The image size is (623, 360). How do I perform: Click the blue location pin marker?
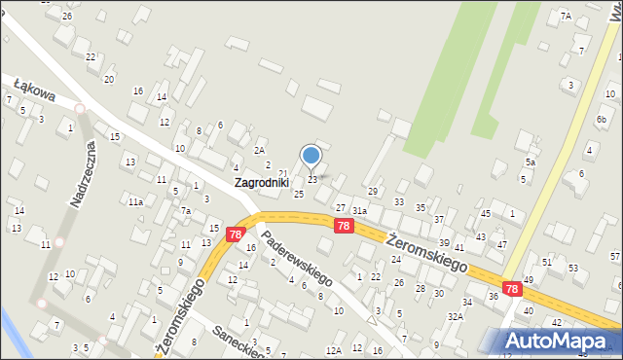click(x=311, y=156)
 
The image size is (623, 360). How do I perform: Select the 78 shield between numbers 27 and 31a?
click(x=343, y=225)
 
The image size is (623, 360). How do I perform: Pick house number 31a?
click(x=359, y=211)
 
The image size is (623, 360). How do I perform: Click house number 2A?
click(x=259, y=150)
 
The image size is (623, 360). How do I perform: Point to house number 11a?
click(x=135, y=201)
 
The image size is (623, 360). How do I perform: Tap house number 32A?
click(x=455, y=317)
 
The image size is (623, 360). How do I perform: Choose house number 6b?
click(x=602, y=119)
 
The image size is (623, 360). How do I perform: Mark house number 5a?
click(x=531, y=162)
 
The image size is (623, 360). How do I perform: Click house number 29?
click(x=372, y=191)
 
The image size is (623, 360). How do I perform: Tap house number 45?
click(x=485, y=213)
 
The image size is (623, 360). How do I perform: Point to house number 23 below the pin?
click(x=312, y=180)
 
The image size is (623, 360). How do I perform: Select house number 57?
click(x=614, y=256)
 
